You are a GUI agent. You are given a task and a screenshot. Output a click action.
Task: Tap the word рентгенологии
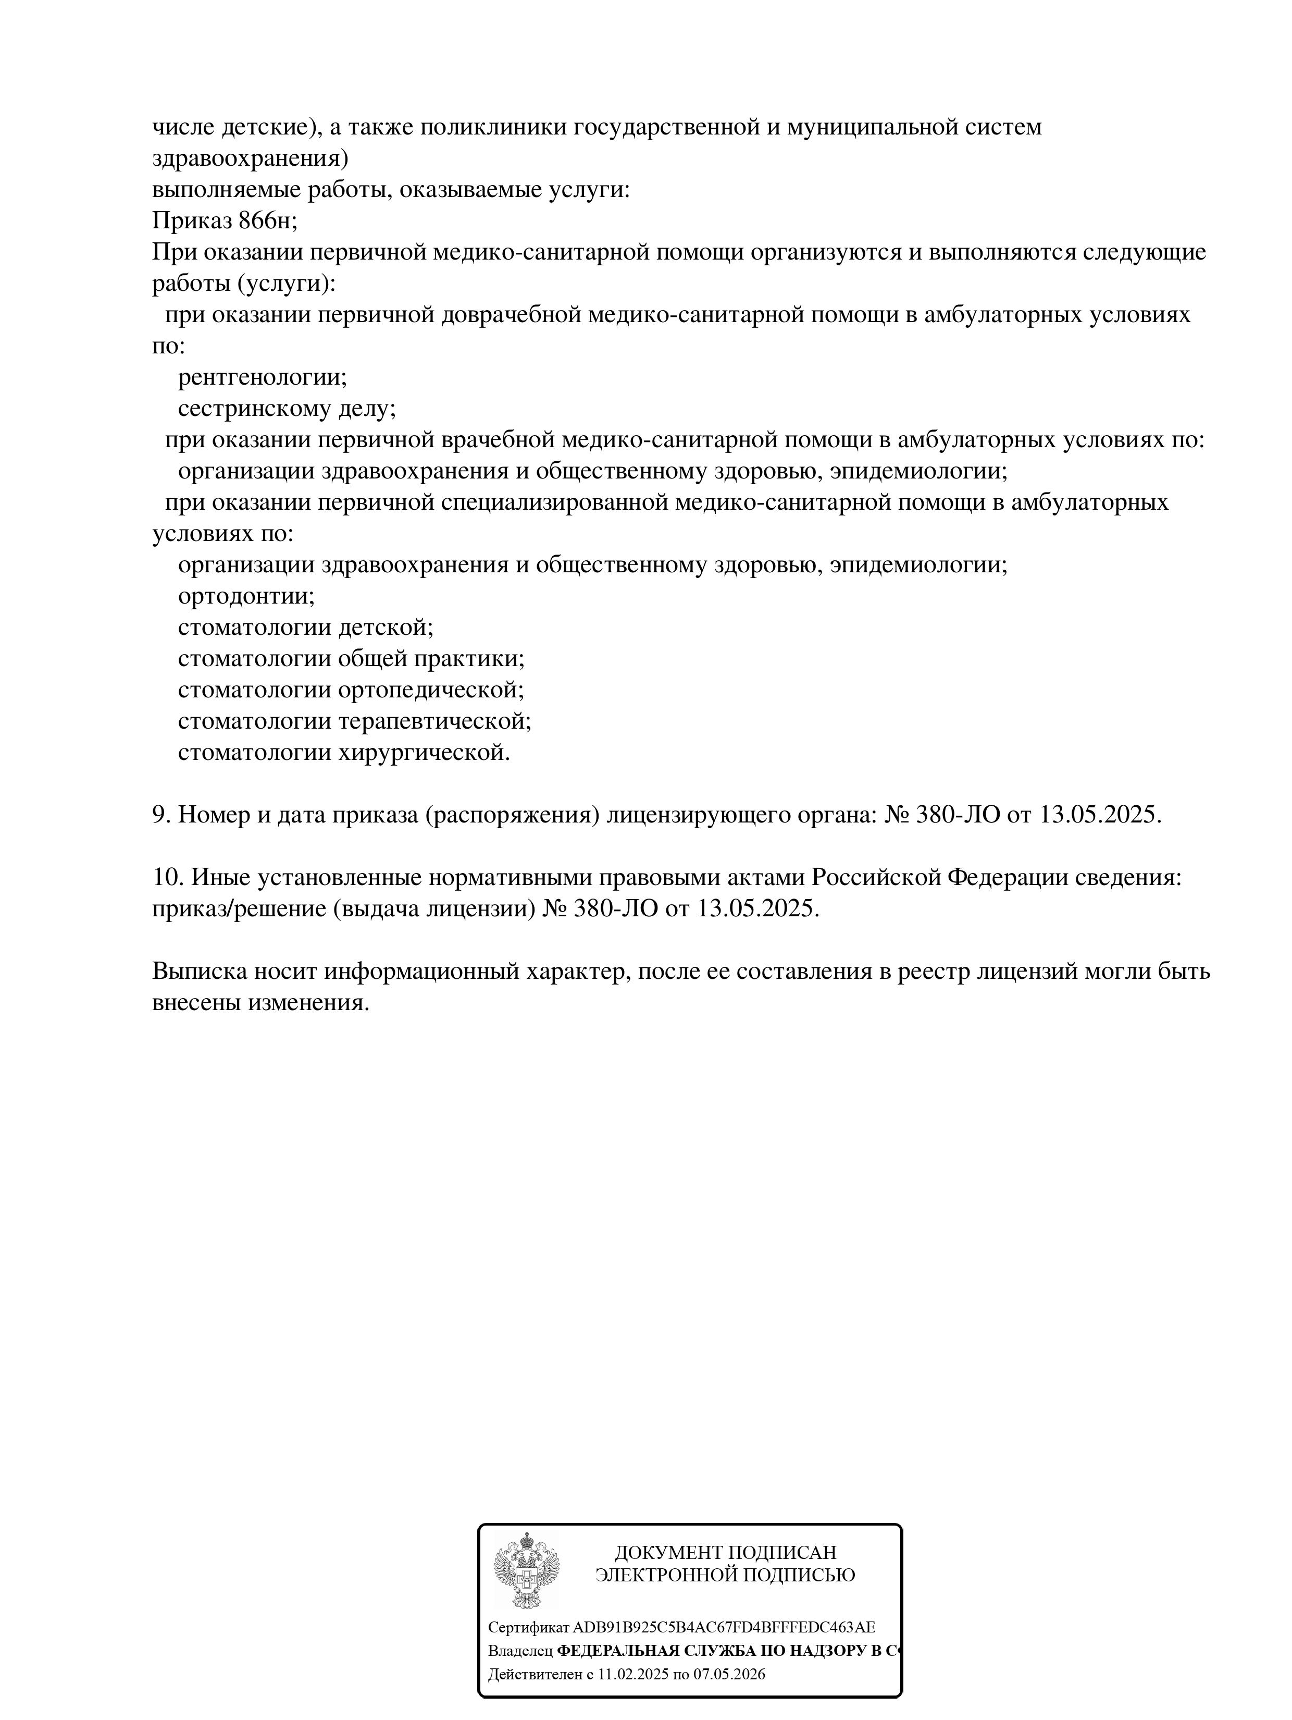point(262,378)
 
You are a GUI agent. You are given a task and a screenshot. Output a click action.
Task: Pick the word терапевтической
point(434,721)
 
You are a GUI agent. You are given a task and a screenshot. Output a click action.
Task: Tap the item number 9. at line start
point(161,815)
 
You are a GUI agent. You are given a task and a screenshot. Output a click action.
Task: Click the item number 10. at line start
point(167,877)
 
